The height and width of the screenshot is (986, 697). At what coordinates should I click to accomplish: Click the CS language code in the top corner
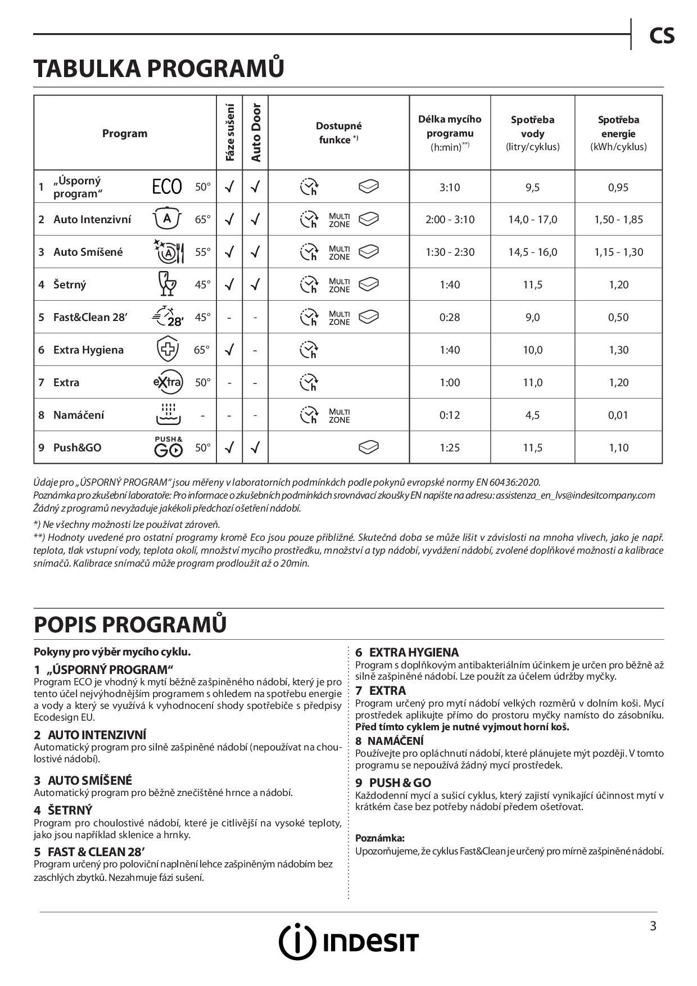(x=662, y=36)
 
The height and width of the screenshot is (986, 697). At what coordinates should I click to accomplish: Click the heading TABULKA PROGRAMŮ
(x=159, y=68)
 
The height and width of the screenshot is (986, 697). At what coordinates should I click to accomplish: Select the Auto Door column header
(x=256, y=133)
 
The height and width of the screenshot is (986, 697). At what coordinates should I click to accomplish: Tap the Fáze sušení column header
(x=230, y=133)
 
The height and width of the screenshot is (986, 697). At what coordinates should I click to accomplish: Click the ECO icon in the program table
(x=167, y=187)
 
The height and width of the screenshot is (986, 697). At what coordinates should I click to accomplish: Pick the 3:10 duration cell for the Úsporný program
(x=450, y=187)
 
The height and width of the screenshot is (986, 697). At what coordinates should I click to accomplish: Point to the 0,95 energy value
(x=618, y=187)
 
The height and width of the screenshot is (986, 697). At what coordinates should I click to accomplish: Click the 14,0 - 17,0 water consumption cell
(x=532, y=220)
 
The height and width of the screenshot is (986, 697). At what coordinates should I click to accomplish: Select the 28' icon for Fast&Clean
(x=168, y=317)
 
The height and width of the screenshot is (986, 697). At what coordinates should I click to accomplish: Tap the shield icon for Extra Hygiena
(x=168, y=350)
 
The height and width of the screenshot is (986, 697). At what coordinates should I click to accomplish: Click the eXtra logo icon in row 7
(x=168, y=382)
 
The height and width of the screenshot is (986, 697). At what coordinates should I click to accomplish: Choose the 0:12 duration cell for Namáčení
(x=450, y=415)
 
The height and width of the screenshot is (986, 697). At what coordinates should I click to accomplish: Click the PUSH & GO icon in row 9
(x=168, y=446)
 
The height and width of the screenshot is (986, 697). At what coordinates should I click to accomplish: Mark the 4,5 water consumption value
(x=532, y=415)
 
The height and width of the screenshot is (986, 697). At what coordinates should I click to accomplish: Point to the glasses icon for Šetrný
(x=168, y=284)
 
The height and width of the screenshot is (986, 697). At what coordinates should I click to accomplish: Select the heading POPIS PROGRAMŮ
(x=130, y=625)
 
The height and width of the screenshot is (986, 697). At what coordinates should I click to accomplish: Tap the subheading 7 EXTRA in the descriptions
(x=381, y=690)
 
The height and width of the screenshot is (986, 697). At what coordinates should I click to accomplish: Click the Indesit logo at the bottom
(x=348, y=942)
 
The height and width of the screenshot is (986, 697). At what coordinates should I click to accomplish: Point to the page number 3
(x=653, y=926)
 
